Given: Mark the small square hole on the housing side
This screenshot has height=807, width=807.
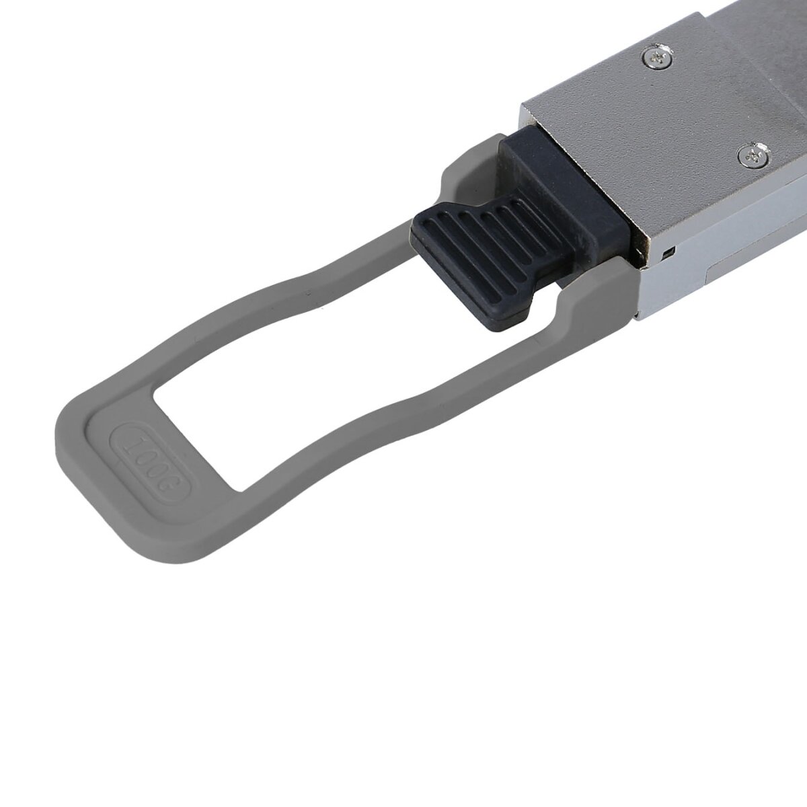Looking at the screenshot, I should coord(666,252).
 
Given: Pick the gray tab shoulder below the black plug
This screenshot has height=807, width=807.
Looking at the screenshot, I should coord(592,303).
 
